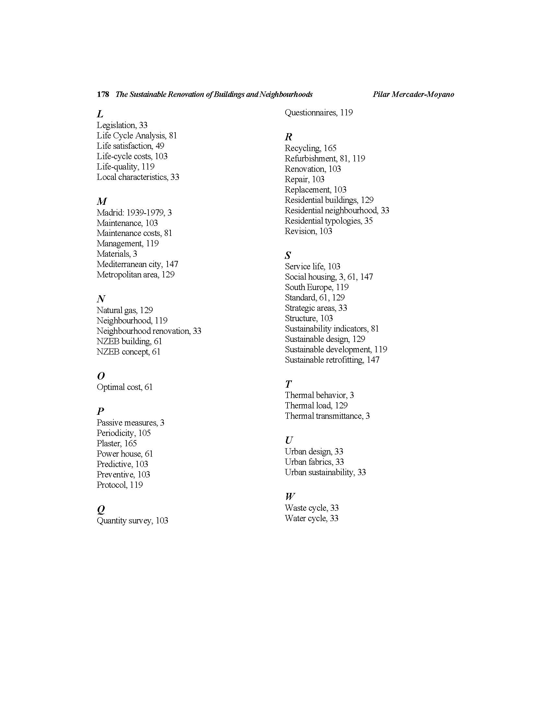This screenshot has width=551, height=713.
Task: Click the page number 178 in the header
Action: coord(103,94)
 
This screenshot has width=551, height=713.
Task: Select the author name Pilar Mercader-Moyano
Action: coord(413,94)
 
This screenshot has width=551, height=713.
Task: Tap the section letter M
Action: coord(102,201)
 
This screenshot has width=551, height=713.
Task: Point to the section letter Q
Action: coord(101,509)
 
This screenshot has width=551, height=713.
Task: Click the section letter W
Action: coord(289,497)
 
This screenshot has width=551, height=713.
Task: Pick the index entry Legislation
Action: coord(116,125)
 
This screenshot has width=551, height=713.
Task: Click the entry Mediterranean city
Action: coord(129,264)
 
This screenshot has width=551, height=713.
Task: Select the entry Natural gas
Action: coord(117,310)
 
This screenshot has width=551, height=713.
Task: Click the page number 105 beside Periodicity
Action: coord(144,433)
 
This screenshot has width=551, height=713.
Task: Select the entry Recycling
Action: coord(302,148)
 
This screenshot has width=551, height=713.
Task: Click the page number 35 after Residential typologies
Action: coord(368,221)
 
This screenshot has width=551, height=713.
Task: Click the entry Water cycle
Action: coord(306,519)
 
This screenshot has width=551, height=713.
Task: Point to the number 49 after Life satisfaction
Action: coord(159,146)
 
